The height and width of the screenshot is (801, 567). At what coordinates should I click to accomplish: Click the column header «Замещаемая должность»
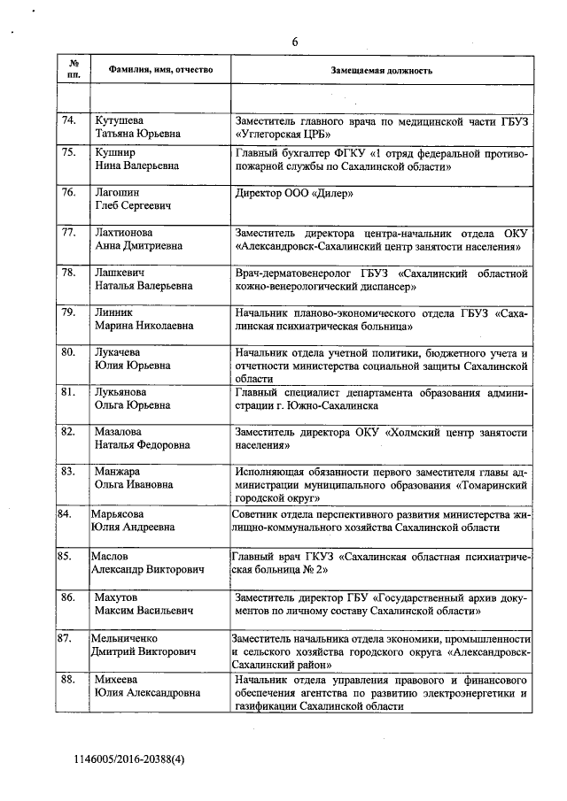click(382, 69)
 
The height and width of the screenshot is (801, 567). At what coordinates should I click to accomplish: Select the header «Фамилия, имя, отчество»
click(159, 69)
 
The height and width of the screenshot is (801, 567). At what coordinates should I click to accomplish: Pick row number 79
click(68, 312)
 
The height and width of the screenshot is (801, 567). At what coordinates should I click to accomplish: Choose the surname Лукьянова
click(122, 390)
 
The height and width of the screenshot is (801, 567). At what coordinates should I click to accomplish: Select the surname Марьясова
click(120, 513)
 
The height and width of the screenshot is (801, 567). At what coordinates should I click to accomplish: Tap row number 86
click(68, 597)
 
